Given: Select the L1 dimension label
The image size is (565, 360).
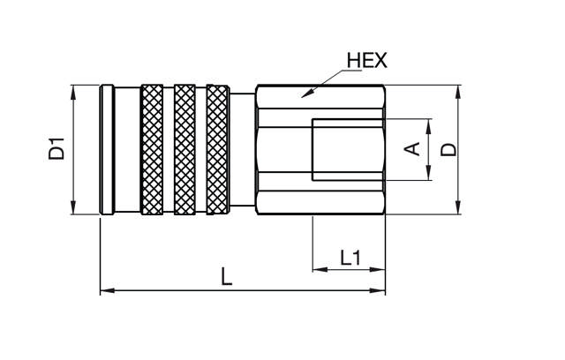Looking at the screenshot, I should click(350, 258).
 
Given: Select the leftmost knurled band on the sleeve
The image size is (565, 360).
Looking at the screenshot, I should click(152, 149).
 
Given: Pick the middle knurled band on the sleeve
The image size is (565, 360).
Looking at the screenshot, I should click(185, 149).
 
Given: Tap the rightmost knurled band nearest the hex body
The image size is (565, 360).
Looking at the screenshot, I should click(217, 149).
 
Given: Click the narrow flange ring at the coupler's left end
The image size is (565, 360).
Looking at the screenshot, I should click(106, 149).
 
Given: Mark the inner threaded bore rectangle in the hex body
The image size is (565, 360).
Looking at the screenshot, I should click(349, 149).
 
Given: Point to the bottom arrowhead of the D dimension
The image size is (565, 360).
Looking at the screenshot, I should click(459, 209).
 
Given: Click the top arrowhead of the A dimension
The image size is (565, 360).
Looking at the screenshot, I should click(428, 122).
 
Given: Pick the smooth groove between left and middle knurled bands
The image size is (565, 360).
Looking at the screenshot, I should click(169, 149).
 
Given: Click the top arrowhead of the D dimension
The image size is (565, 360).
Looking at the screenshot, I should click(459, 89).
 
